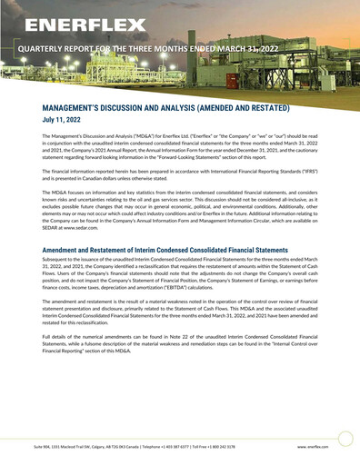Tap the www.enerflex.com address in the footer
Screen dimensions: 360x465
[x=313, y=447]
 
